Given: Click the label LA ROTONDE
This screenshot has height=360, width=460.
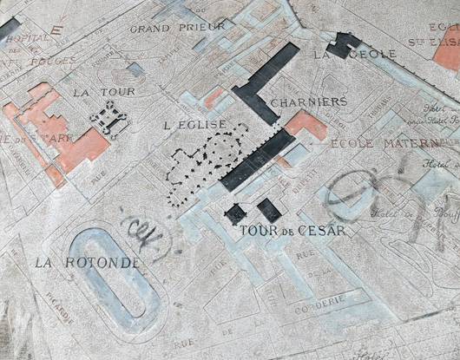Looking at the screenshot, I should point(87,261).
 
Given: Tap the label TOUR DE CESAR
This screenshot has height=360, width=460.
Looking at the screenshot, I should point(292,231).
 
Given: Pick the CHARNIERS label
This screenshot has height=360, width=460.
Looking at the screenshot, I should point(308,101).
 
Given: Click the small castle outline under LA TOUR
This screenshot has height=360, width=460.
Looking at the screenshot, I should point(110,116).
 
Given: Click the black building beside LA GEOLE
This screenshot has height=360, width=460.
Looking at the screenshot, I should point(342,43).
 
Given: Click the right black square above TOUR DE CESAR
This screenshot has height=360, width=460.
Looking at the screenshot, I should point(268,209).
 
